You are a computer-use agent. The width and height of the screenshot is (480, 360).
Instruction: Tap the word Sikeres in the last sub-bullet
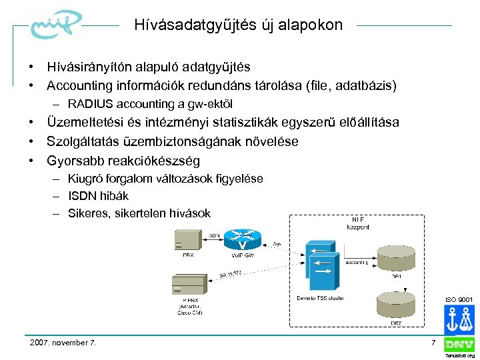(89, 213)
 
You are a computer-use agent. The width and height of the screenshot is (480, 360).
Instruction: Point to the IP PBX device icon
(189, 285)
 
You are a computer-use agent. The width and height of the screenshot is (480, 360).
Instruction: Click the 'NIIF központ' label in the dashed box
(359, 223)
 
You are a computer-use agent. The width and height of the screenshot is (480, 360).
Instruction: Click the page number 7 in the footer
(433, 342)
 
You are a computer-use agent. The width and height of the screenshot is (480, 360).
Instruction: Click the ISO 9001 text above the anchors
(459, 300)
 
